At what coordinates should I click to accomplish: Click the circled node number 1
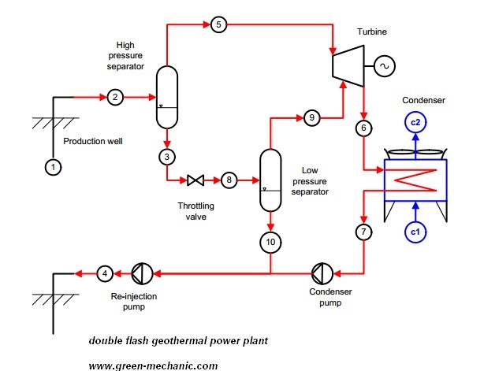coord(53,167)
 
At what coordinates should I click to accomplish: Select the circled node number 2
coord(115,98)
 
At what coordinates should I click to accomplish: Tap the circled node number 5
coord(218,25)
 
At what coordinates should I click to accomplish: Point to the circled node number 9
coord(312,118)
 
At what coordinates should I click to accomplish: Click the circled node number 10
coord(270,242)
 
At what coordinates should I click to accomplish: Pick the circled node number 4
coord(106,273)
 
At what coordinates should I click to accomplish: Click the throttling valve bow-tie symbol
coord(195,180)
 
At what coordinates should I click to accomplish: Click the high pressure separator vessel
coord(166,98)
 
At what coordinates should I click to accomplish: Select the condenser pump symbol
coord(322,273)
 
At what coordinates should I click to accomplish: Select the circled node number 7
coord(363,232)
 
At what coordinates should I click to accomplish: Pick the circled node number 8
coord(229,180)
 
